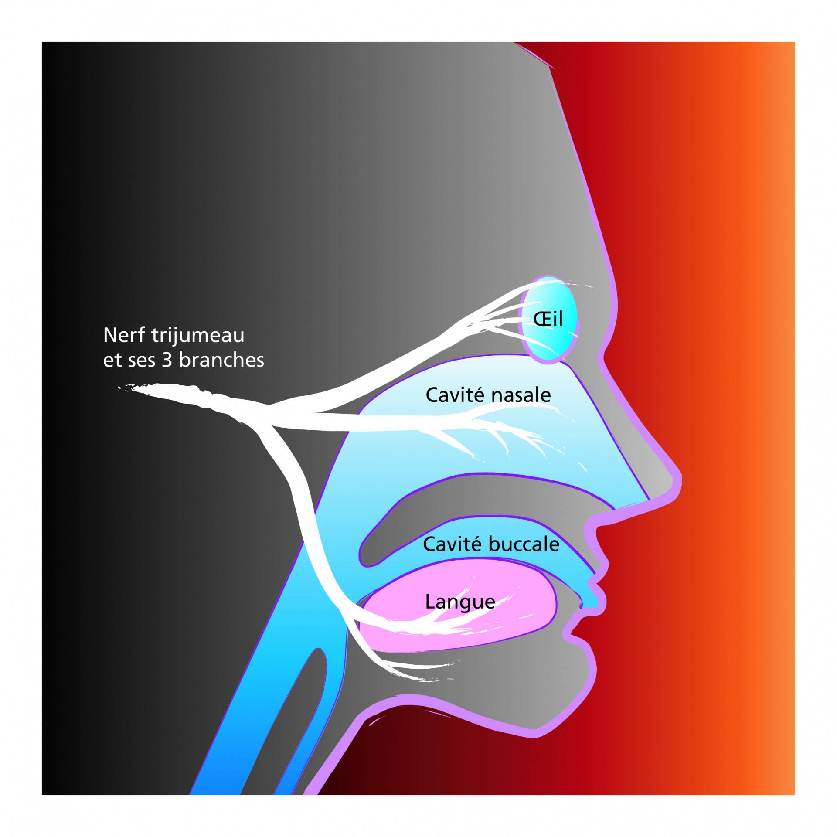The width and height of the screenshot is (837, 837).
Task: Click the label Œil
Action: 548,319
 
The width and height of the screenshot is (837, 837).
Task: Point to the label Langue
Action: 460,602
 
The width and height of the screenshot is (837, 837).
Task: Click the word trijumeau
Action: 198,335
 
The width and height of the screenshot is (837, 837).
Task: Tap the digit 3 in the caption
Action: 167,360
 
